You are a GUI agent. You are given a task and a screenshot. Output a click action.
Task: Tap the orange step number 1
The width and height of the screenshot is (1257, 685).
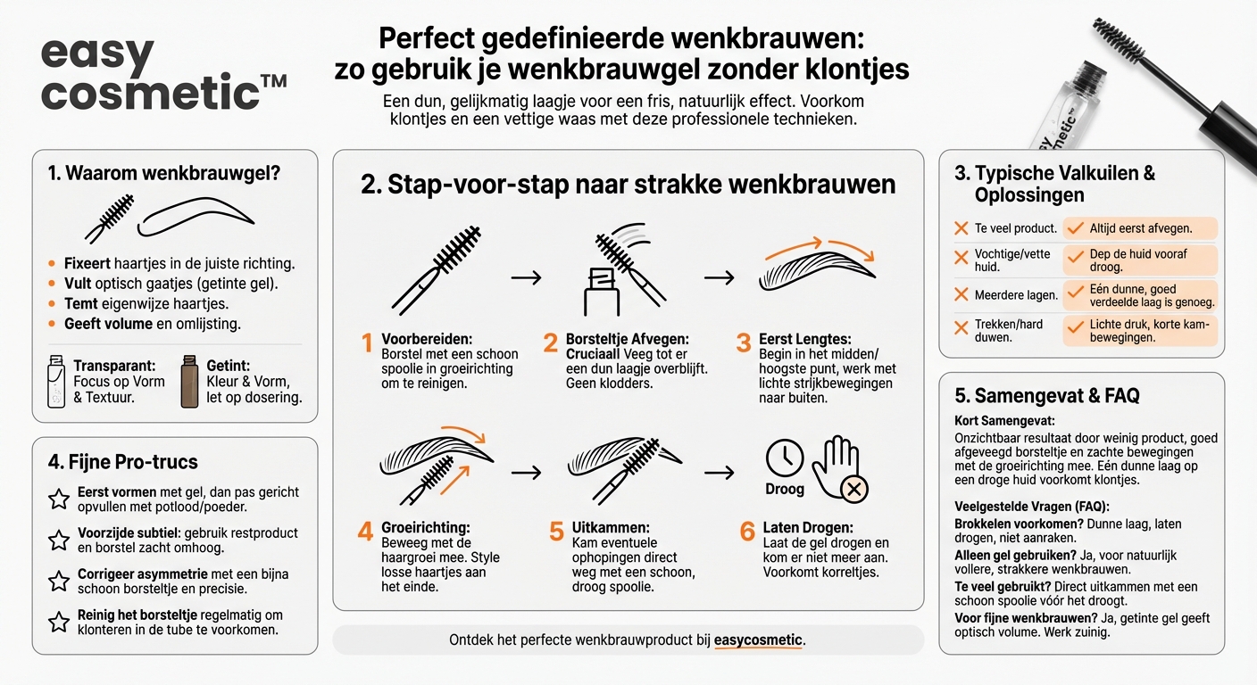pyautogui.click(x=365, y=342)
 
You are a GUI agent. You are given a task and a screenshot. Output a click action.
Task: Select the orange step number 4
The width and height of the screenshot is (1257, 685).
pyautogui.click(x=365, y=531)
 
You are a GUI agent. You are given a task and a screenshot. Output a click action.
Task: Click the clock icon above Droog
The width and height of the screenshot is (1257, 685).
pyautogui.click(x=784, y=458)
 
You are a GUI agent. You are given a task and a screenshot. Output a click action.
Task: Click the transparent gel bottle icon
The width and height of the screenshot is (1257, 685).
pyautogui.click(x=56, y=380)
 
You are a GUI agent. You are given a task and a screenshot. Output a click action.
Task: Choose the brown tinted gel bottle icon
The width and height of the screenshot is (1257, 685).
pyautogui.click(x=188, y=381)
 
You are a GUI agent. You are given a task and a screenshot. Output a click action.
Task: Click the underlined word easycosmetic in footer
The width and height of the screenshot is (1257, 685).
pyautogui.click(x=758, y=640)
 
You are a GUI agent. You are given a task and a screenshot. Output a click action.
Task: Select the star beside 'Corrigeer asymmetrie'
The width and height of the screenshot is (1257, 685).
pyautogui.click(x=59, y=582)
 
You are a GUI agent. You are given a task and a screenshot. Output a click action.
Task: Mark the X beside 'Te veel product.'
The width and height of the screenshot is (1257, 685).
pyautogui.click(x=961, y=228)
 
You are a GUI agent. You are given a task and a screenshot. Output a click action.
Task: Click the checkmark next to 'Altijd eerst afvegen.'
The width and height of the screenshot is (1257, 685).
pyautogui.click(x=1076, y=228)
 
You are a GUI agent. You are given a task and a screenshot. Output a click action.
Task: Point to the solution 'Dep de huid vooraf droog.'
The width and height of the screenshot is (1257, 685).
pyautogui.click(x=1138, y=260)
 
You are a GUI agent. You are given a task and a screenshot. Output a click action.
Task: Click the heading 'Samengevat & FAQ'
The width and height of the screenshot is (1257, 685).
pyautogui.click(x=1047, y=395)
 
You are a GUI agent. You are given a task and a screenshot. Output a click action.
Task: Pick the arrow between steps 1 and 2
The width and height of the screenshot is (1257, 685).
pyautogui.click(x=526, y=277)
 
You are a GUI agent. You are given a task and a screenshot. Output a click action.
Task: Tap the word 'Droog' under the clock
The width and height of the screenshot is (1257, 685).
pyautogui.click(x=784, y=489)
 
